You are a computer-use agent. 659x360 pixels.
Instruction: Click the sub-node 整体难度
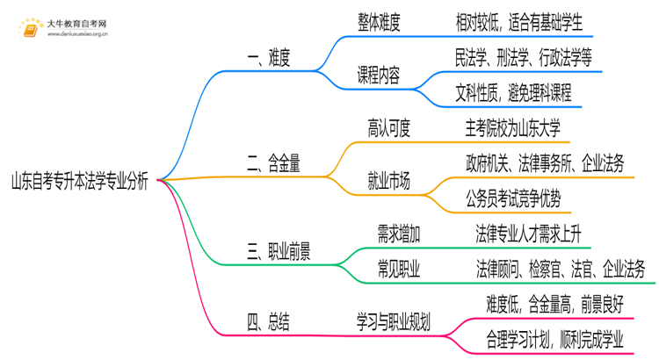[380, 25]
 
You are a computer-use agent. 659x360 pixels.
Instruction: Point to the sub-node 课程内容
[380, 75]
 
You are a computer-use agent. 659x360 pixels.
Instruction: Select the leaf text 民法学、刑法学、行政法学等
[524, 56]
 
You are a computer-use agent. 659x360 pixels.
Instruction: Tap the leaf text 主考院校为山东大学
[519, 129]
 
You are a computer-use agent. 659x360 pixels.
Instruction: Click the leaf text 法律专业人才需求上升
[527, 234]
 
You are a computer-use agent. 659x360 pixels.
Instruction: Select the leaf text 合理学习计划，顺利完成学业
[555, 338]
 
